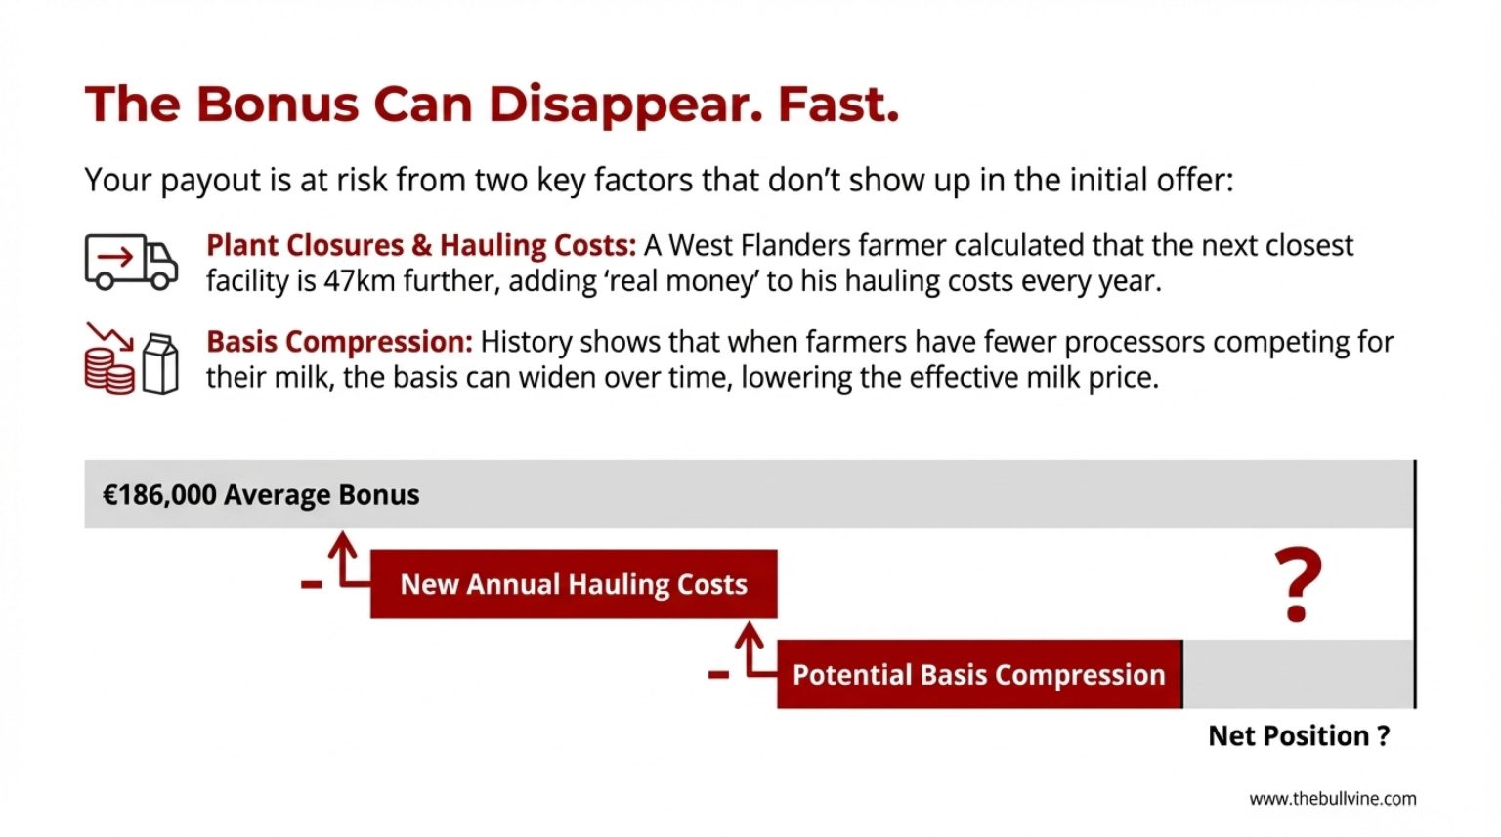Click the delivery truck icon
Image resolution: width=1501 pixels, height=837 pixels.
point(131,262)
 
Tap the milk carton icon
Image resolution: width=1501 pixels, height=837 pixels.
point(160,363)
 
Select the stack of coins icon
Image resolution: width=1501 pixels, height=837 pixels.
point(108,371)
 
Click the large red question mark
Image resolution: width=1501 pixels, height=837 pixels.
point(1298,585)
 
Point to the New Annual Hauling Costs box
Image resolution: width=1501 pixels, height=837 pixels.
point(574,584)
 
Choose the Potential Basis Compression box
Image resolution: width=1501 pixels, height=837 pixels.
point(978,675)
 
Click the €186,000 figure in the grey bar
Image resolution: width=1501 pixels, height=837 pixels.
point(159,495)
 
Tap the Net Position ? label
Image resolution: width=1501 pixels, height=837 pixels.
point(1298,735)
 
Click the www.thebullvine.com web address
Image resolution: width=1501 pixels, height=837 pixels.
point(1332,799)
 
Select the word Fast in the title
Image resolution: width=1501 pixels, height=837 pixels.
point(837,104)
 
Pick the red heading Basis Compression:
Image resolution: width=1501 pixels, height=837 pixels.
point(339,342)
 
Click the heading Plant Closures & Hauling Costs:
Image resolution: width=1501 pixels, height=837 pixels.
point(420,245)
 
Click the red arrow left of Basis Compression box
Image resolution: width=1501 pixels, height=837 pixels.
point(750,650)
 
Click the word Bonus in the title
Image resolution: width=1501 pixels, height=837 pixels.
point(278,104)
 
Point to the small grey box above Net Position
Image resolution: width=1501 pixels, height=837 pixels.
point(1298,674)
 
